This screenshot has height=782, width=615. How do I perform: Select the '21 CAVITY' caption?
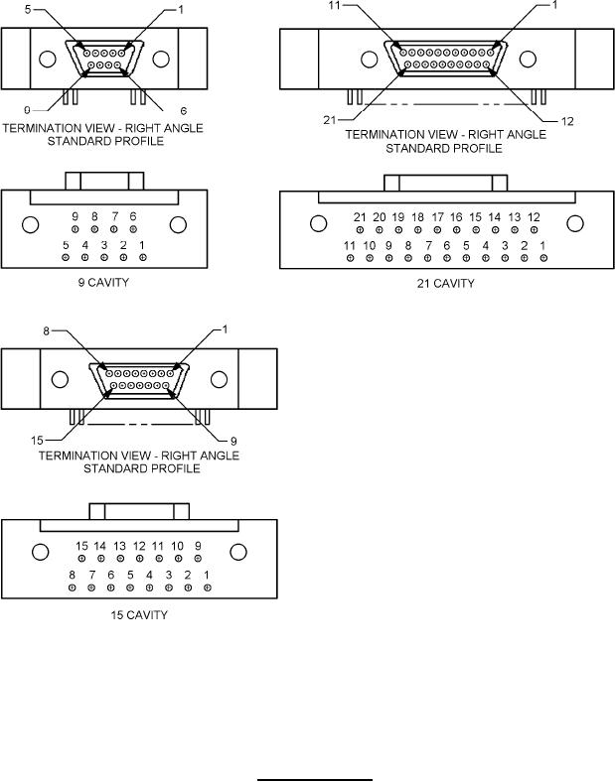coord(445,283)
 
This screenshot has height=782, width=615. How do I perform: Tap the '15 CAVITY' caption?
coord(138,614)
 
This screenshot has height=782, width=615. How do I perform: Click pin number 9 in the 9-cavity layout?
coord(75,229)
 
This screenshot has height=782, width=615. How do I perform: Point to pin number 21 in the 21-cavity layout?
coord(360,229)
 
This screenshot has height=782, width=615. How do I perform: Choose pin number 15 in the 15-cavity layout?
coord(83,560)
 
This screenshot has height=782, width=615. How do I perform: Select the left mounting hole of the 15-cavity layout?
coord(40,552)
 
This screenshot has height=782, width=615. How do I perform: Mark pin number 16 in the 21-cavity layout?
coord(456,229)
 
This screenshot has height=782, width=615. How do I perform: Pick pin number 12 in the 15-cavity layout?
coord(140,560)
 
